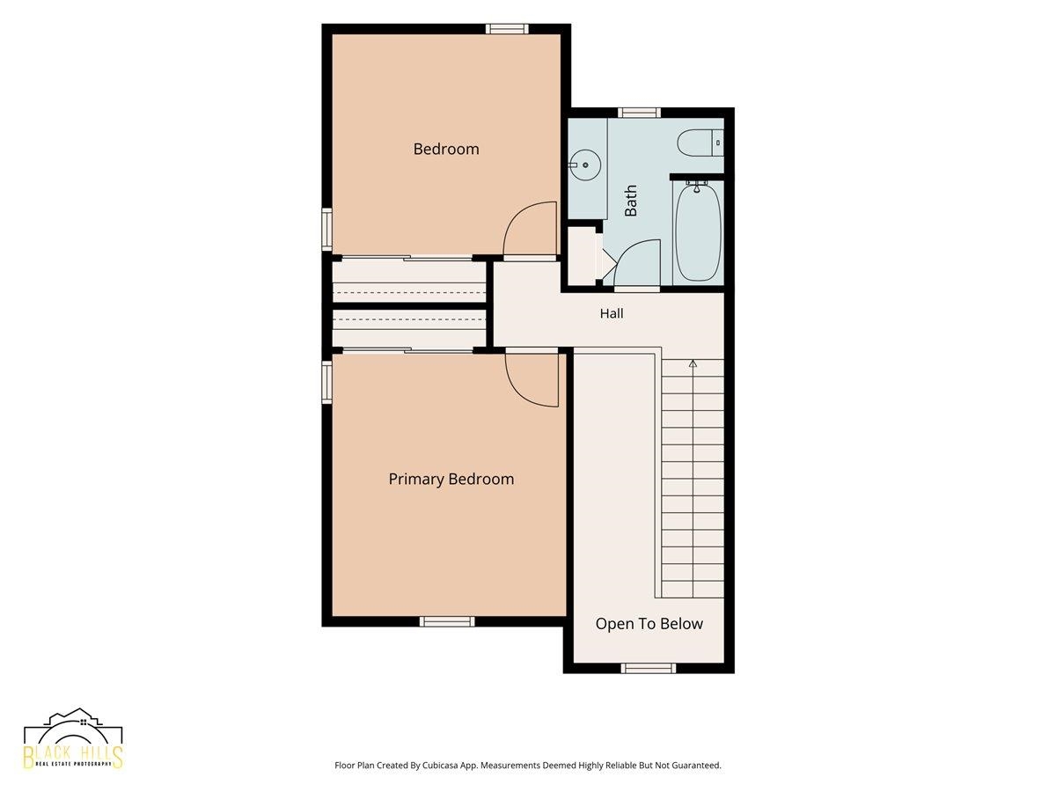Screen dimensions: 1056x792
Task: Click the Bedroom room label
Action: coord(446,149)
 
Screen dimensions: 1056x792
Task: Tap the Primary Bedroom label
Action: coord(451,479)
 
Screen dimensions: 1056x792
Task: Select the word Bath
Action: coord(630,201)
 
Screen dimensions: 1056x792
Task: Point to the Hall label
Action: coord(612,313)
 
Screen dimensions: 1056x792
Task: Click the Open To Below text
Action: coord(649,624)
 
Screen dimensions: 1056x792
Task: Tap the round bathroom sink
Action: coord(584,165)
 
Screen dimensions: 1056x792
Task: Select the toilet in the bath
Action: coord(700,143)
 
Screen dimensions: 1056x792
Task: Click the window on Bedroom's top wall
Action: coord(507,29)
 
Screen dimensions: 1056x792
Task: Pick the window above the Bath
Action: coord(639,113)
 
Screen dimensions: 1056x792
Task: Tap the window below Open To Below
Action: coord(649,668)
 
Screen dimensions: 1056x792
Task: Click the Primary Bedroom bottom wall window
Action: coord(447,621)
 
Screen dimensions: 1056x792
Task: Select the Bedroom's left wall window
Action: coord(327,230)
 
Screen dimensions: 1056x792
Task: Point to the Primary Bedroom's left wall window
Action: coord(327,383)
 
